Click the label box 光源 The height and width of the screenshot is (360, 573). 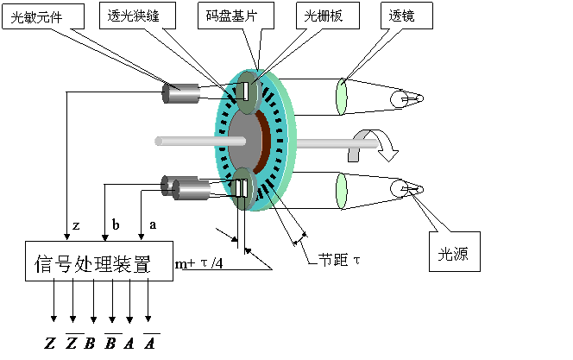(454, 253)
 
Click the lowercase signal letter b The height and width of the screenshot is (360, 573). (116, 224)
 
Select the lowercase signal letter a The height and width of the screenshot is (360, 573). (154, 224)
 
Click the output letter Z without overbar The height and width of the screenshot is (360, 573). (50, 344)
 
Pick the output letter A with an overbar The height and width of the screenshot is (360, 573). (151, 343)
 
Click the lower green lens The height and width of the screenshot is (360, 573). (342, 190)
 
